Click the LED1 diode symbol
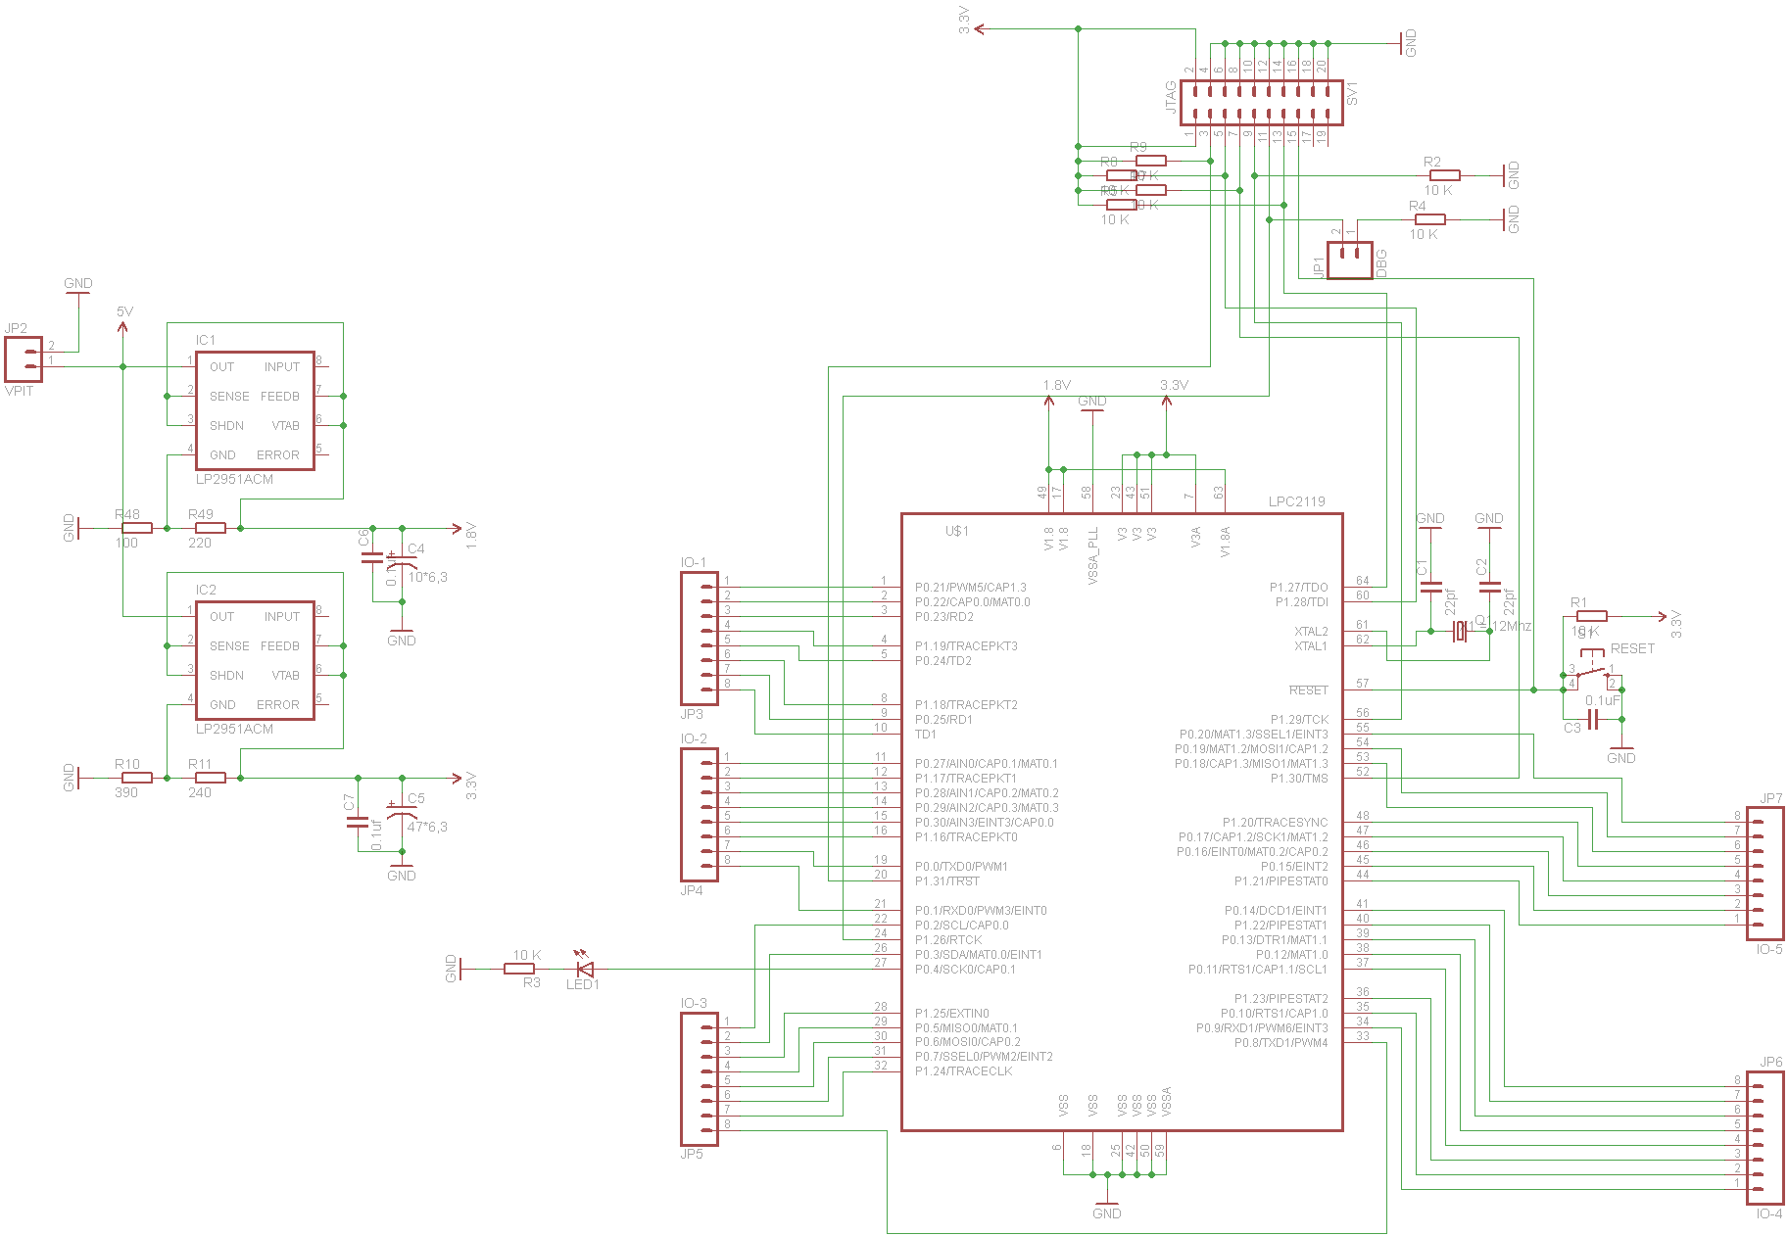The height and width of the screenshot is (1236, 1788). pos(585,969)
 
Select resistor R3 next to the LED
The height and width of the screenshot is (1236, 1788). pos(518,969)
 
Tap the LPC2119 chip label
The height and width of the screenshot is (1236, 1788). pos(1296,501)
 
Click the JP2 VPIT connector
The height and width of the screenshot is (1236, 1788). pos(24,359)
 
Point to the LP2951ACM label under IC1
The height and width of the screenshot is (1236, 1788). pos(234,479)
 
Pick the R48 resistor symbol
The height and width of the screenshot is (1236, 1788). pos(137,528)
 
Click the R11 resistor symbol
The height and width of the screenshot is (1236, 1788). pos(211,778)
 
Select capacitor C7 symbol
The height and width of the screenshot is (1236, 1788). pos(358,822)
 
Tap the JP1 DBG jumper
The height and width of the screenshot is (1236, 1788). pos(1349,260)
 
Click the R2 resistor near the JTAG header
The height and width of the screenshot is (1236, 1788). pos(1444,175)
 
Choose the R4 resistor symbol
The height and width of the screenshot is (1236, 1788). pos(1429,219)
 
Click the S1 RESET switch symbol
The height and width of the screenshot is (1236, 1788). pos(1592,672)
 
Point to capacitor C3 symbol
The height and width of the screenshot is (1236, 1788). pos(1593,720)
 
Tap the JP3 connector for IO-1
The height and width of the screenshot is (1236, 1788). pos(699,639)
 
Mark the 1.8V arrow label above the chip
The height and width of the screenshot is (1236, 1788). pos(1056,385)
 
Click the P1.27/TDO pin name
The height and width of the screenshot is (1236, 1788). pos(1298,588)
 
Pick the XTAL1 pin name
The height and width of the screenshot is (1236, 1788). pos(1310,646)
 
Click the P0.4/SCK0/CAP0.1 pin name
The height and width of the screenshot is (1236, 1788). pos(965,970)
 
